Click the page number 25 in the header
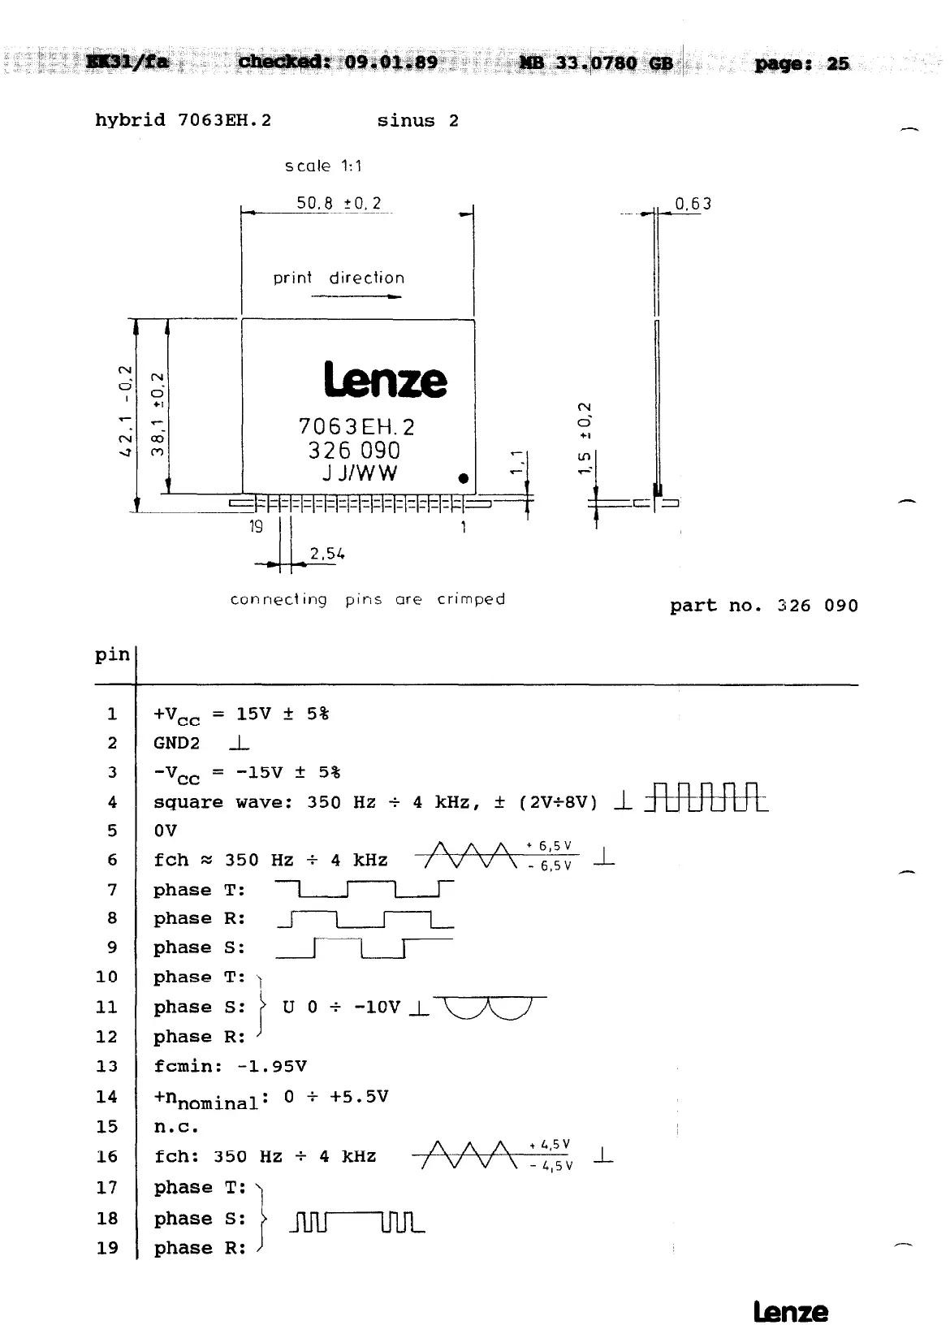tap(838, 63)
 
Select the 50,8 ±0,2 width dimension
tap(339, 203)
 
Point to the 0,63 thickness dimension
tap(693, 204)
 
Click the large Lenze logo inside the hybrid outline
tap(385, 380)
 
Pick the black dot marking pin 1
tap(463, 478)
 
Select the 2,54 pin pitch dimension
tap(326, 555)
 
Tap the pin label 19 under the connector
tap(256, 527)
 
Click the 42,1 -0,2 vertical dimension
tap(125, 411)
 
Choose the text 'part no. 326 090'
tap(763, 606)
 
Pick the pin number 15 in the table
tap(107, 1127)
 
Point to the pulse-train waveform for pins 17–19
tap(356, 1221)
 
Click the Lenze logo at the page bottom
tap(790, 1312)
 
